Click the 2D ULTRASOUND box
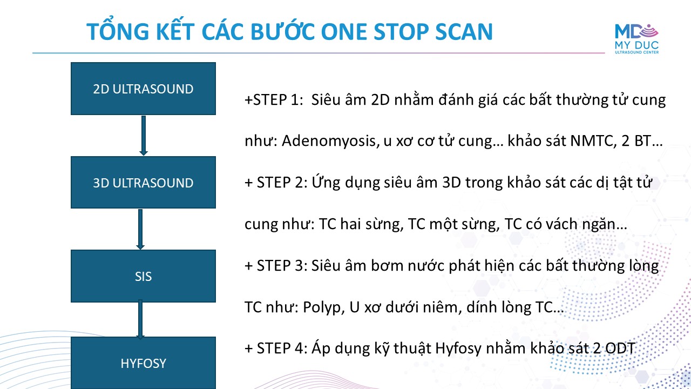143,89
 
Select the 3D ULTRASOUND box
143,182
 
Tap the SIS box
143,276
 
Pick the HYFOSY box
143,363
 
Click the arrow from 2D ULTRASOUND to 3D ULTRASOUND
144,136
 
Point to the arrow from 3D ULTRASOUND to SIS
140,230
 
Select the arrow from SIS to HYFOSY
140,319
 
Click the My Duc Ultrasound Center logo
636,39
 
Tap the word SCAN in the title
464,32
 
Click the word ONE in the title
344,32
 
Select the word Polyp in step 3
323,308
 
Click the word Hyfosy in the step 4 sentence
458,349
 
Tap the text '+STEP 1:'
274,100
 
